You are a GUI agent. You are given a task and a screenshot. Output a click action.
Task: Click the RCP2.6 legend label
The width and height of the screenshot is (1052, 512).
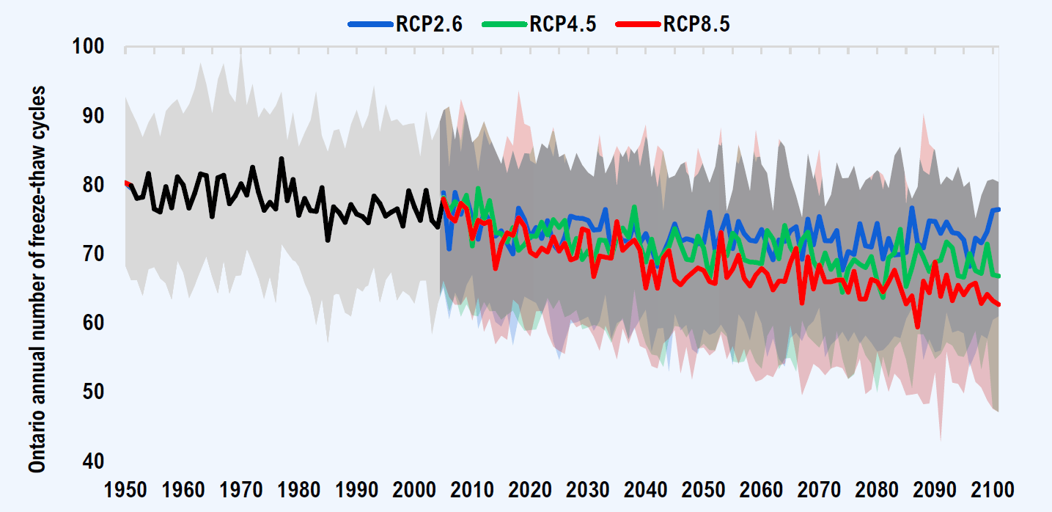coord(429,24)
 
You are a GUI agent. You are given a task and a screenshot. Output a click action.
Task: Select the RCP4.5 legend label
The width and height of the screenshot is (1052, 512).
coord(563,24)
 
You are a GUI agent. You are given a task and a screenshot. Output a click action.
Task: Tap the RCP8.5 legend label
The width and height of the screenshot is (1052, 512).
coord(696,24)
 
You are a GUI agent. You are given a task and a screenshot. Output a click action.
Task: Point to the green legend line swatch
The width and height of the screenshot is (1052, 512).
coord(505,24)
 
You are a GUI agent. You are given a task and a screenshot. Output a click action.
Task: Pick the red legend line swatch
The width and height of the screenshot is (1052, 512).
coord(639,24)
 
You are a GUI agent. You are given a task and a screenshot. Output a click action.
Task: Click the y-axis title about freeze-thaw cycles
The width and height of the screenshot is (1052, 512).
coord(38,279)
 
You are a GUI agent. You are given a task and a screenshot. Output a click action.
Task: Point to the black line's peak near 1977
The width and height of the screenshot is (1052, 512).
coord(281,158)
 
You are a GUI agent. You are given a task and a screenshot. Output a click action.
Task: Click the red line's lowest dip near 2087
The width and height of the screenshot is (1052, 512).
coord(918,327)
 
